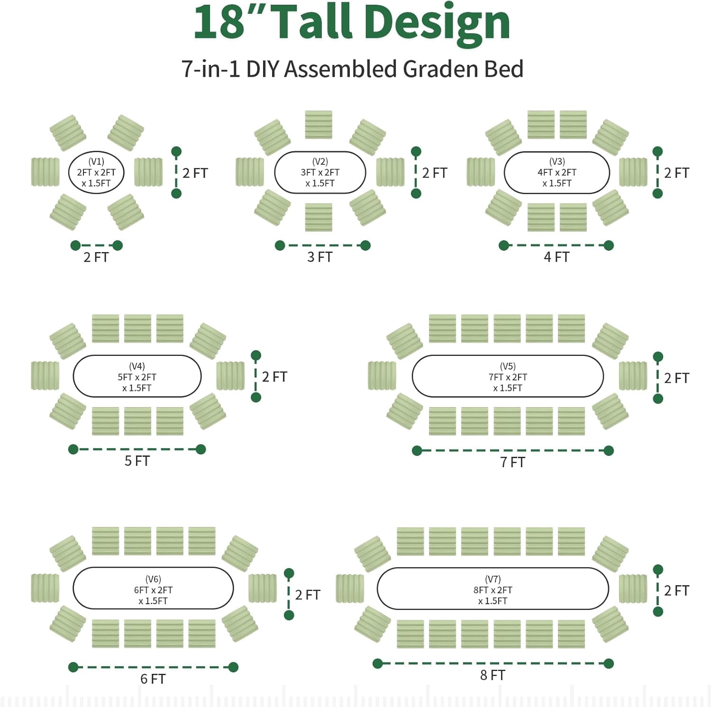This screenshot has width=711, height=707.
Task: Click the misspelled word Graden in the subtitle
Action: [x=435, y=69]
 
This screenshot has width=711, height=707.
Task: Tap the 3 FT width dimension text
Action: [x=320, y=257]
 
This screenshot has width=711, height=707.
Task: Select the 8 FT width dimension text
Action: [x=493, y=675]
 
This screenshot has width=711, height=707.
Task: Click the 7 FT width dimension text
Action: [x=513, y=462]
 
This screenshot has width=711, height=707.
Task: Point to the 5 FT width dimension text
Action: [x=137, y=461]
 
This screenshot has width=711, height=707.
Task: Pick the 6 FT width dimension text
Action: [x=153, y=679]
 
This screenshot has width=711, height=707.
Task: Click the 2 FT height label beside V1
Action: [x=195, y=173]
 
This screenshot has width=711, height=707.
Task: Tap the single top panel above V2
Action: [x=319, y=125]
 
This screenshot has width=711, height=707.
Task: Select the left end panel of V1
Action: [x=46, y=172]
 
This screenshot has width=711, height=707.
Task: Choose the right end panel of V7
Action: [x=633, y=589]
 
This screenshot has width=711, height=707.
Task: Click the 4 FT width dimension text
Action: [x=556, y=257]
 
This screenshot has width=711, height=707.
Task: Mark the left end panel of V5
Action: [x=382, y=376]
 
